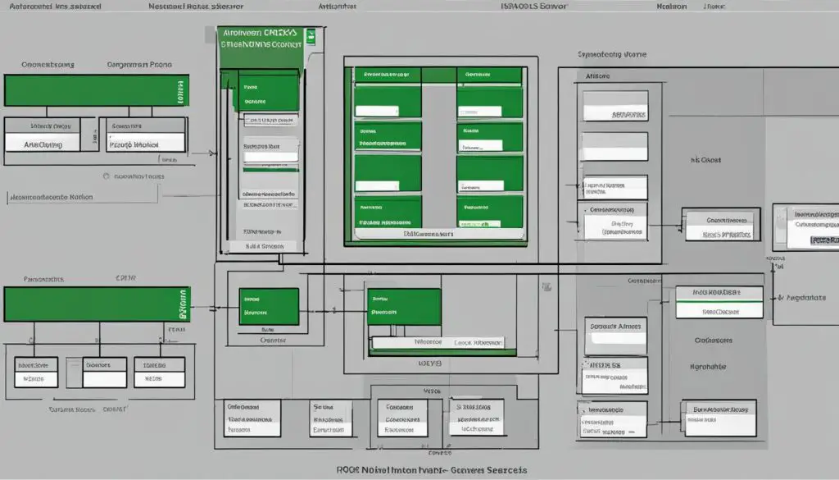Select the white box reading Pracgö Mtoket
pyautogui.click(x=134, y=144)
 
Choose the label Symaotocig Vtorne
pyautogui.click(x=611, y=54)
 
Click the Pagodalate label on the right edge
pyautogui.click(x=806, y=297)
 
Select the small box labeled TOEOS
pyautogui.click(x=151, y=370)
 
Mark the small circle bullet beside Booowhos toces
pyautogui.click(x=107, y=176)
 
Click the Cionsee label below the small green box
pyautogui.click(x=273, y=340)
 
